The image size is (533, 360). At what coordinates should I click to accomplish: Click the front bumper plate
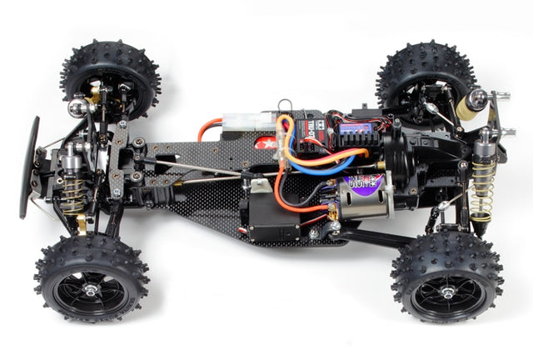(x=32, y=167)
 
